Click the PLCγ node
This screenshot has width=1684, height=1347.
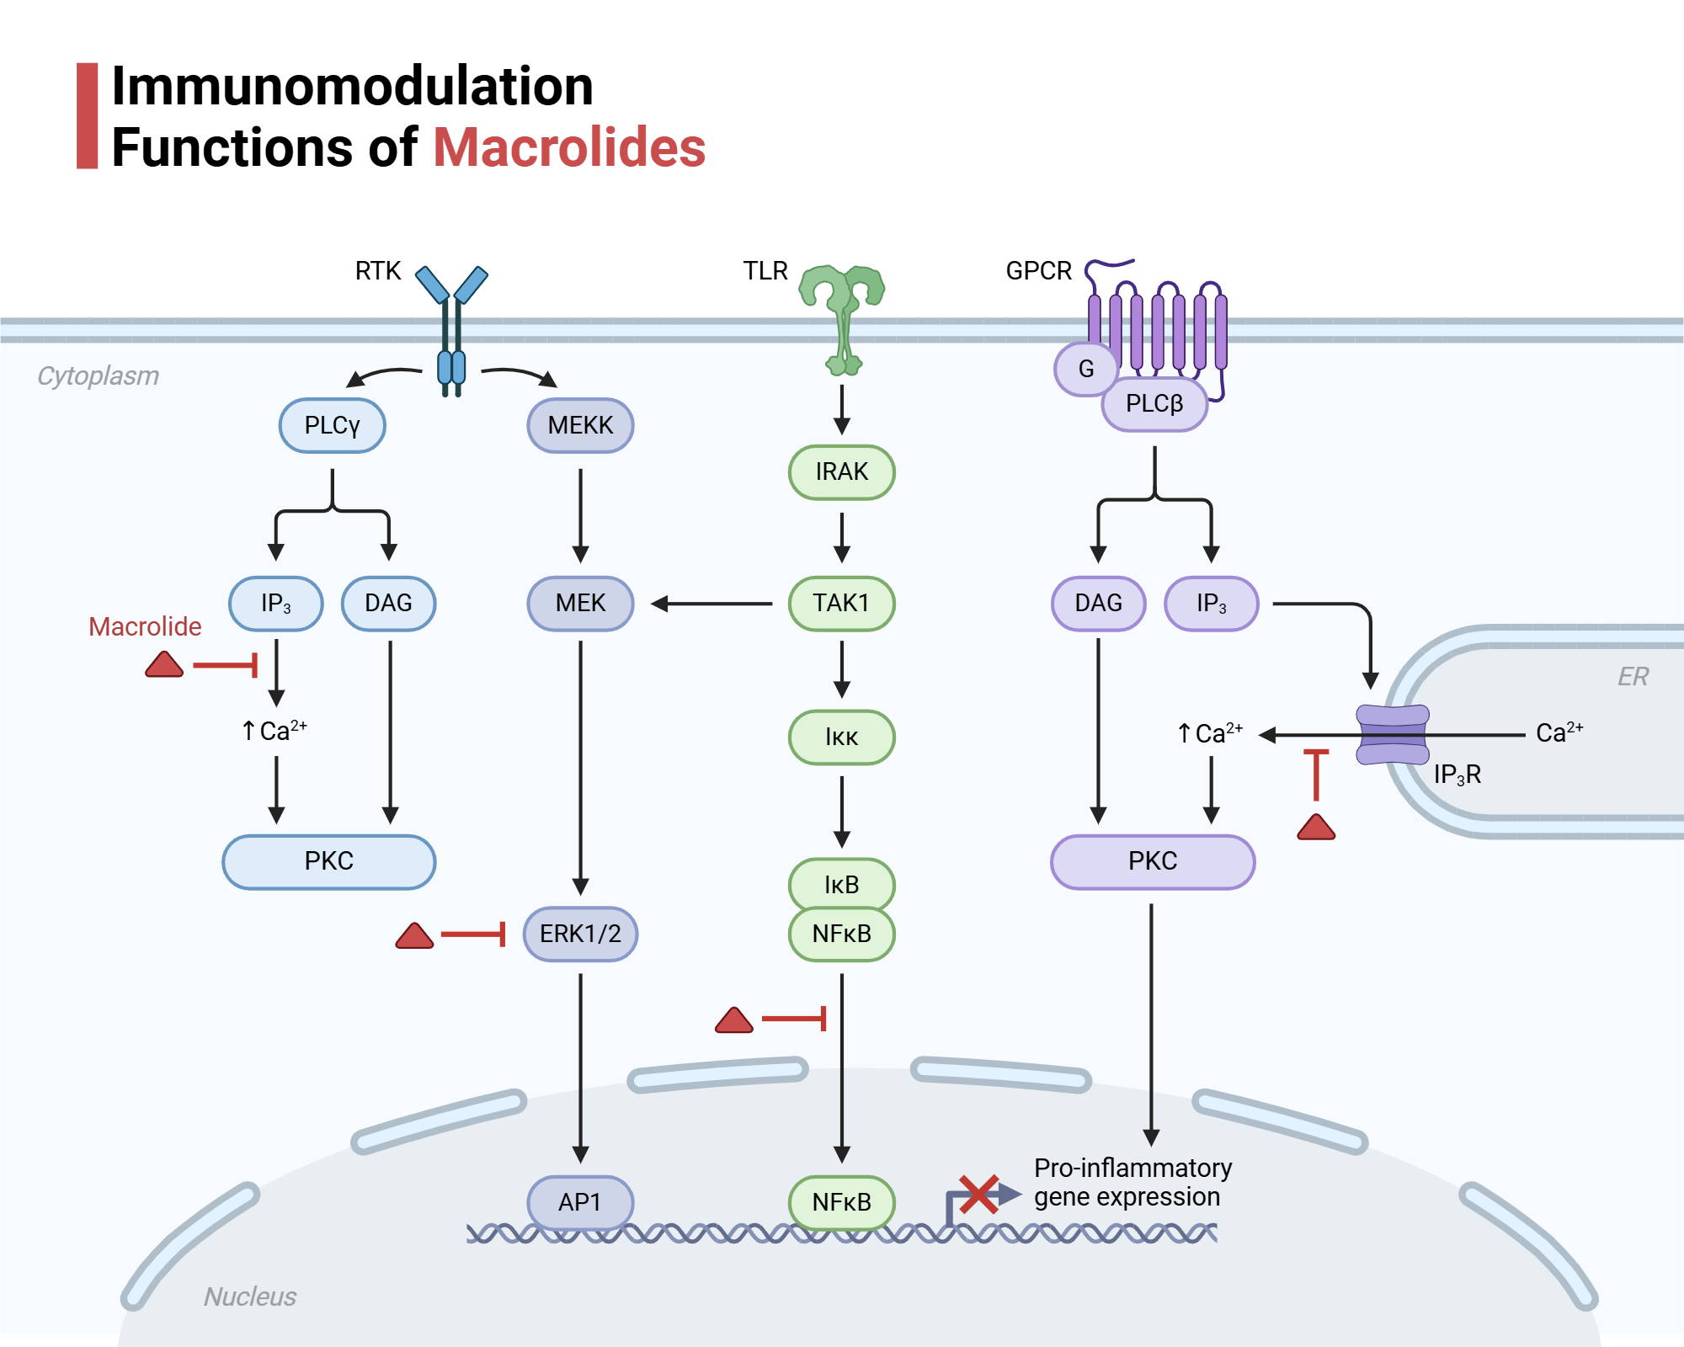[x=332, y=425]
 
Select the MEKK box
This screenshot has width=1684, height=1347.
[x=580, y=425]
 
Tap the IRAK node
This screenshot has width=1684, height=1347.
[x=841, y=471]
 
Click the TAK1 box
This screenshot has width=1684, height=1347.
[x=841, y=603]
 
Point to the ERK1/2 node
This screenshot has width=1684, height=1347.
[x=580, y=934]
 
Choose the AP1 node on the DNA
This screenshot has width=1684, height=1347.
[x=579, y=1201]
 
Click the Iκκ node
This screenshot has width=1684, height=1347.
[x=841, y=737]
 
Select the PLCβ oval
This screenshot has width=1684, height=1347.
[x=1154, y=404]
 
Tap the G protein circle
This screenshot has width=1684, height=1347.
[x=1085, y=369]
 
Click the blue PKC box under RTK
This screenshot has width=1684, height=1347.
[x=328, y=861]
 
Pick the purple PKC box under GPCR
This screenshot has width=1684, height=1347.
[x=1152, y=861]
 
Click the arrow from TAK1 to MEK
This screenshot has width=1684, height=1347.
[x=711, y=604]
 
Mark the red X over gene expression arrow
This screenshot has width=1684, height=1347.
[x=978, y=1194]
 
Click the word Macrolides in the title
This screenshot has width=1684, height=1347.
[x=569, y=147]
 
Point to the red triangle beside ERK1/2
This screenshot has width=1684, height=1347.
[x=414, y=936]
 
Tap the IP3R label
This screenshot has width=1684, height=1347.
[x=1457, y=775]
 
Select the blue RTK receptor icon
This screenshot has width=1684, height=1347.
[x=451, y=328]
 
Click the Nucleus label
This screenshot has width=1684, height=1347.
[x=250, y=1296]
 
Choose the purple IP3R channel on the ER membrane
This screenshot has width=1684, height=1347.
[x=1392, y=735]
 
